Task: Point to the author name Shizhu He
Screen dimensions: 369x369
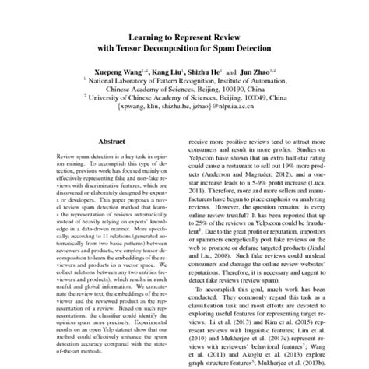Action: click(213, 69)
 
